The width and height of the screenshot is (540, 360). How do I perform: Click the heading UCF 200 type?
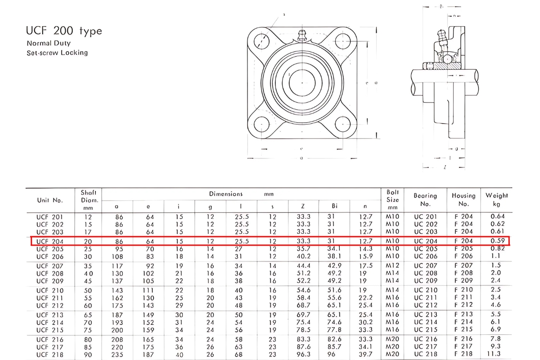[64, 31]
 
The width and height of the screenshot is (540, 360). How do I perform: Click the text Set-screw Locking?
[57, 53]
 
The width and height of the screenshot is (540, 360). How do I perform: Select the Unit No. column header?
[49, 200]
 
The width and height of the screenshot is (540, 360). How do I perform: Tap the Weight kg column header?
[496, 199]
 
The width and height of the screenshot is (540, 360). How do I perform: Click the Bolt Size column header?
[393, 199]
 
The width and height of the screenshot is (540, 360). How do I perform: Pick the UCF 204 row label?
[49, 241]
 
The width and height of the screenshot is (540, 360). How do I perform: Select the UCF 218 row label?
[49, 354]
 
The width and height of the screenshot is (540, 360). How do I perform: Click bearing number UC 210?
[425, 290]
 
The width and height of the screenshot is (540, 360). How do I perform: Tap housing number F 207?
[463, 265]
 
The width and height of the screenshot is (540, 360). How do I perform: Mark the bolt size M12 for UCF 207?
[393, 265]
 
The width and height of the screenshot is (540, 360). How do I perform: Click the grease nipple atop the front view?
[301, 36]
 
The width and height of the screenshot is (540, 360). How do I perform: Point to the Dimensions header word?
[225, 194]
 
